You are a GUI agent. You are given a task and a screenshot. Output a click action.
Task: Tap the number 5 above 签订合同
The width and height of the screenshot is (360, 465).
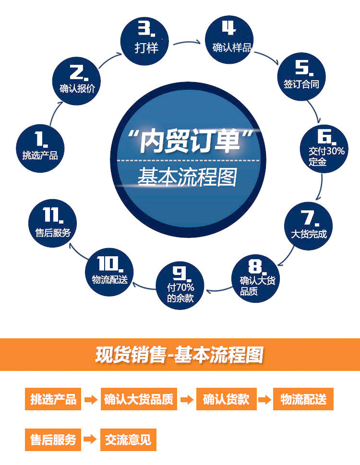tap(302, 68)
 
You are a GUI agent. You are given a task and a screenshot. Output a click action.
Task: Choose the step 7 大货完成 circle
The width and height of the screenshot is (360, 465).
tap(309, 226)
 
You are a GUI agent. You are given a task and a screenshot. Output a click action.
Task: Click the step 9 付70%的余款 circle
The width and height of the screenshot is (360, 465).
tap(180, 283)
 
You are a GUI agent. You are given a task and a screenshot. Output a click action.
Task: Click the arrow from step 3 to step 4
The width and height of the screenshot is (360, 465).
tap(187, 43)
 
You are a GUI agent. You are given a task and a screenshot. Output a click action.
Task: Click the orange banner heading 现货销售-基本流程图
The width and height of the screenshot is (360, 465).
tap(180, 355)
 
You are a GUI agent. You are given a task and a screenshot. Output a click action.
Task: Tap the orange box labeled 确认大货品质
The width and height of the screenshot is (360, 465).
tap(139, 399)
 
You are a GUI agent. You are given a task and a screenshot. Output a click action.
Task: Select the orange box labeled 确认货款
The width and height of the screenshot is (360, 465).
tap(226, 399)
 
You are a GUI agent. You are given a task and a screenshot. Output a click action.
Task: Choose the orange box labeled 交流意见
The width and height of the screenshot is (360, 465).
tap(128, 440)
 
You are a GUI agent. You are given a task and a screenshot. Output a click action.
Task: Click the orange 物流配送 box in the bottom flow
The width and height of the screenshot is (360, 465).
tap(303, 399)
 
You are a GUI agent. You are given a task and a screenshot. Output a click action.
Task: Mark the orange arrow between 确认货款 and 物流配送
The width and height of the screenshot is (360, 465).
tap(264, 399)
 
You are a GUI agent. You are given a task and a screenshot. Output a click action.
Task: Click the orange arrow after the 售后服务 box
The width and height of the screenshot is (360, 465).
tap(91, 440)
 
